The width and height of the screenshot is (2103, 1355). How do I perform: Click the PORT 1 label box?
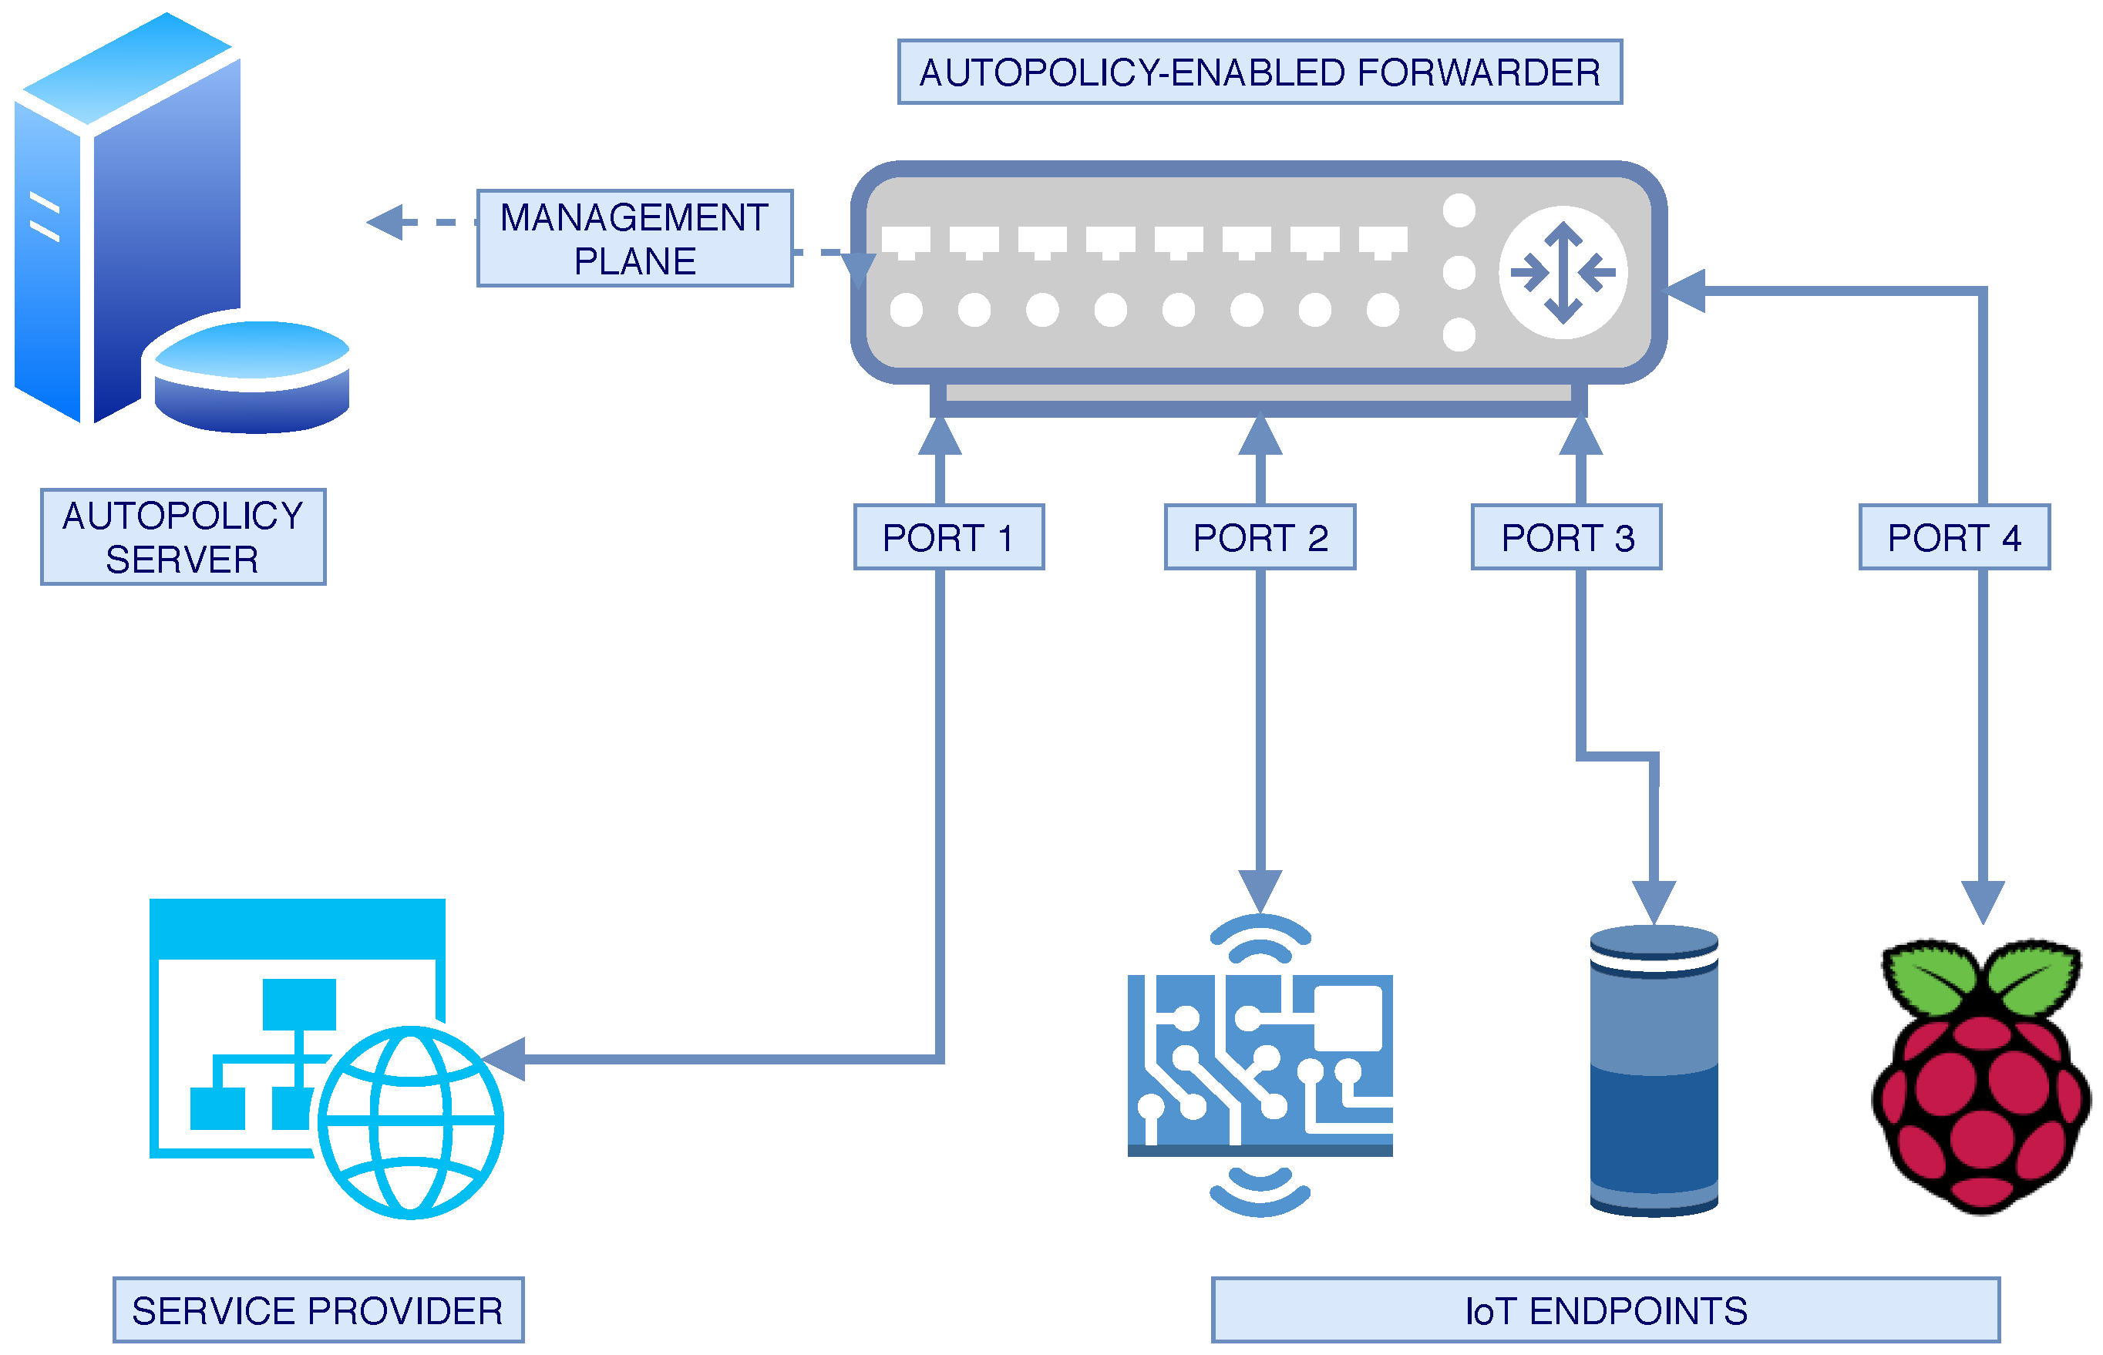[947, 536]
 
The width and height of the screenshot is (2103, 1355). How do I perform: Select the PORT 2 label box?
[1259, 536]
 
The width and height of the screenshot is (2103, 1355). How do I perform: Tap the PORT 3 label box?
[1566, 536]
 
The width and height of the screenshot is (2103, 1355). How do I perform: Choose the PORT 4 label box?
[1953, 536]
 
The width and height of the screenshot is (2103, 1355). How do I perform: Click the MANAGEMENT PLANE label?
[634, 237]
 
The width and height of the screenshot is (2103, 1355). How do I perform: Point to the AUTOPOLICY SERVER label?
[183, 536]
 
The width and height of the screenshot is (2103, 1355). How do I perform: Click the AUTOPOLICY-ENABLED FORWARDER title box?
[1259, 72]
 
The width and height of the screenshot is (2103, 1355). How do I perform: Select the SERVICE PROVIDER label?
[318, 1310]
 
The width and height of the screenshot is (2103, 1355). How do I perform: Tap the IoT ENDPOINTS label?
[1605, 1310]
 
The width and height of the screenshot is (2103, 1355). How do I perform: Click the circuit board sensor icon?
[1259, 1064]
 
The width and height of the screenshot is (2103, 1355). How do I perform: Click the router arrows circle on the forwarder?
[1563, 272]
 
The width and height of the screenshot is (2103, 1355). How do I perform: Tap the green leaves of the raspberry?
[1980, 977]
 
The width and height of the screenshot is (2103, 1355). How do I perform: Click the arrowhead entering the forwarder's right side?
[1685, 291]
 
